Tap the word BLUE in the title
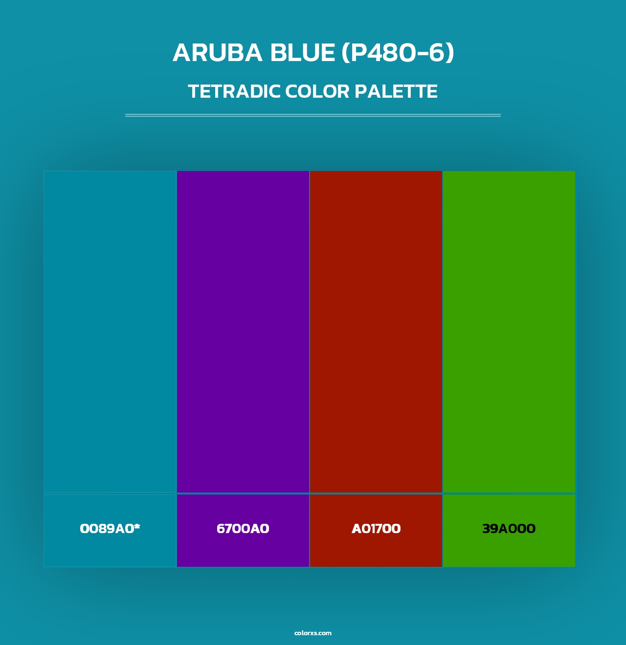(301, 53)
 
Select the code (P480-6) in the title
(398, 53)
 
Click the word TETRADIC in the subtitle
(233, 91)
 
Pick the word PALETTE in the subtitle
(396, 91)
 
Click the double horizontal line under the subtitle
(313, 115)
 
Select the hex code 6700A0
(243, 529)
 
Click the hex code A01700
(376, 529)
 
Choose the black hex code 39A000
(509, 529)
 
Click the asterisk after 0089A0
(137, 526)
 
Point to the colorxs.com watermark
(313, 633)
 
